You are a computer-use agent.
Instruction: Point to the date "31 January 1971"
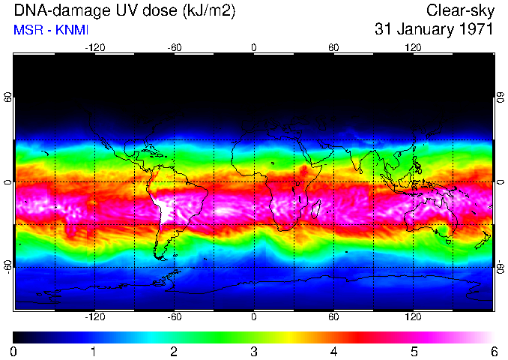434,30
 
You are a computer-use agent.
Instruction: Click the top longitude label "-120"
94,47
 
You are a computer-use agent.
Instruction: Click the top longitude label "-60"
175,47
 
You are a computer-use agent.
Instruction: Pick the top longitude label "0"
254,47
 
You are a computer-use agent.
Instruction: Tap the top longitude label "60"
333,47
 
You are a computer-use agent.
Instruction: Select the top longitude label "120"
413,47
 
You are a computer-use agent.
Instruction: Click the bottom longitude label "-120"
94,318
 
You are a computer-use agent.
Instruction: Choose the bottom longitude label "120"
413,318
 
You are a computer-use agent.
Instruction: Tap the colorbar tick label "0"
14,352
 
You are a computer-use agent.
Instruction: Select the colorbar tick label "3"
254,352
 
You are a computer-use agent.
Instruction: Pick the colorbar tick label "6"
493,352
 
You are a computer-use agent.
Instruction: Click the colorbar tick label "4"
333,352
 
